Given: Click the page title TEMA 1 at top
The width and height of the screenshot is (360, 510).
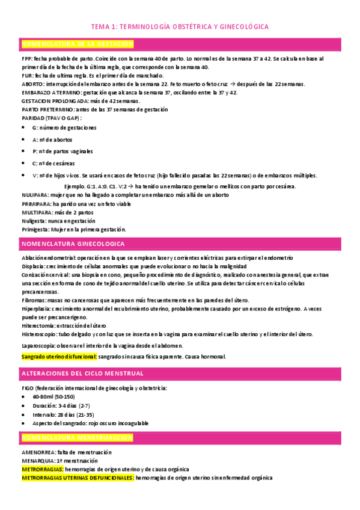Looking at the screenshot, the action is [x=179, y=27].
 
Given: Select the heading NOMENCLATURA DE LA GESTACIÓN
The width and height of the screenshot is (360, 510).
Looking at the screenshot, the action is [x=77, y=45].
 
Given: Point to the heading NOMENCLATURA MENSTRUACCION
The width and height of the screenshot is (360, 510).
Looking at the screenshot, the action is [x=77, y=437].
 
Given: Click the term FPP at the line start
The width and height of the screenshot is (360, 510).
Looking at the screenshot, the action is [x=26, y=59].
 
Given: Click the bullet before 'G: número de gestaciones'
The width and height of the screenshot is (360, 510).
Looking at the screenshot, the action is [x=23, y=128].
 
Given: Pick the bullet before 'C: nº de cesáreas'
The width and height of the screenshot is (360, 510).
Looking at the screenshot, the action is [x=23, y=163].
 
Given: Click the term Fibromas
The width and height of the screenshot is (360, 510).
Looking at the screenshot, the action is [x=34, y=300].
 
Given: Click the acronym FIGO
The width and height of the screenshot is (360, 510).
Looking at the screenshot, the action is [x=27, y=388].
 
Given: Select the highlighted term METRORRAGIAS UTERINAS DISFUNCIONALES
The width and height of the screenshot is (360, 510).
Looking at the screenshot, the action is [x=78, y=478].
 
